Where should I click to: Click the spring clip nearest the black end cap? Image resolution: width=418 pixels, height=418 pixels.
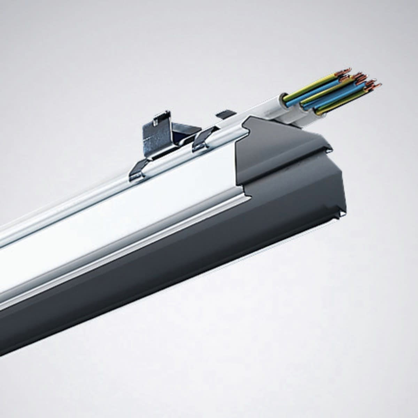pos(204,139)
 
